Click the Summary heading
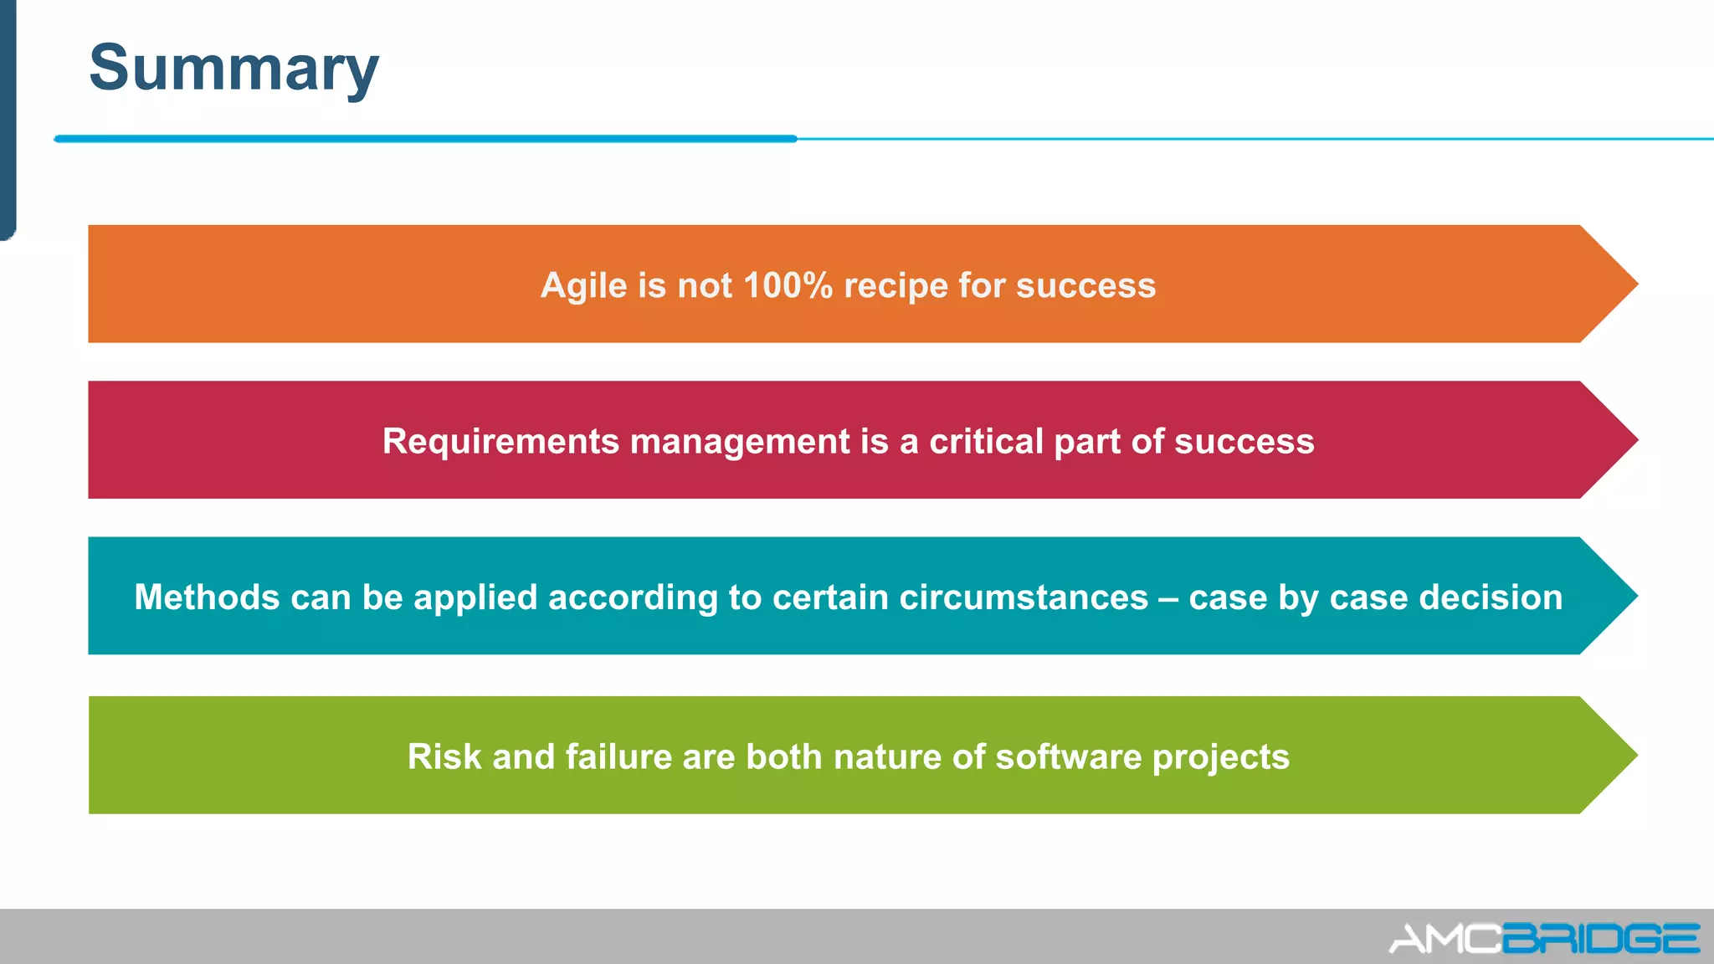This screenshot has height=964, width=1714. (x=233, y=69)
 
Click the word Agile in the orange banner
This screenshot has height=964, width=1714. (x=583, y=286)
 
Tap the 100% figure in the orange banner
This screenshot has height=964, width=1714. (x=787, y=285)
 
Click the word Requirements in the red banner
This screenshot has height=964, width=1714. (x=500, y=442)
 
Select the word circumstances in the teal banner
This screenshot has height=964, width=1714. (x=1023, y=597)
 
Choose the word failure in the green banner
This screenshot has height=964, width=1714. (x=618, y=756)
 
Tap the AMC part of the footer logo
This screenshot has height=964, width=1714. (x=1445, y=939)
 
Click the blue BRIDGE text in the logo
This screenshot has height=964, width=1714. (x=1600, y=939)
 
